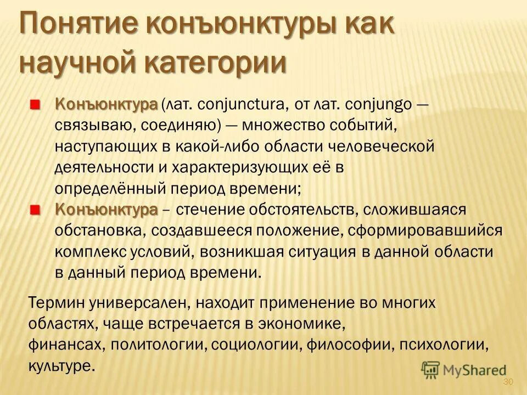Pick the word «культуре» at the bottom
coord(60,366)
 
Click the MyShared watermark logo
coord(464,371)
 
